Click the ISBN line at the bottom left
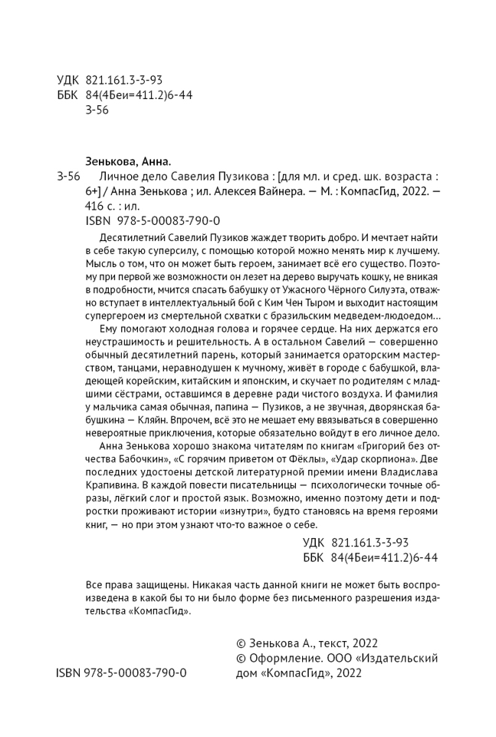tap(121, 673)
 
